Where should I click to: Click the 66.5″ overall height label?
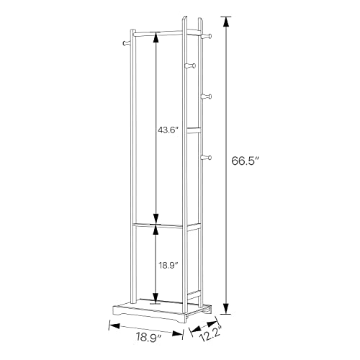pyautogui.click(x=246, y=161)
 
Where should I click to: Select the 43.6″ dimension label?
pyautogui.click(x=168, y=130)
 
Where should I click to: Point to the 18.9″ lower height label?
pyautogui.click(x=168, y=265)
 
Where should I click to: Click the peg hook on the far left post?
pyautogui.click(x=126, y=43)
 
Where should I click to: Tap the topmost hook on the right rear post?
pyautogui.click(x=207, y=36)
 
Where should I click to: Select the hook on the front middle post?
pyautogui.click(x=191, y=66)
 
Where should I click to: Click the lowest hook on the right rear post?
pyautogui.click(x=207, y=158)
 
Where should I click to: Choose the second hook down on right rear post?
pyautogui.click(x=207, y=96)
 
